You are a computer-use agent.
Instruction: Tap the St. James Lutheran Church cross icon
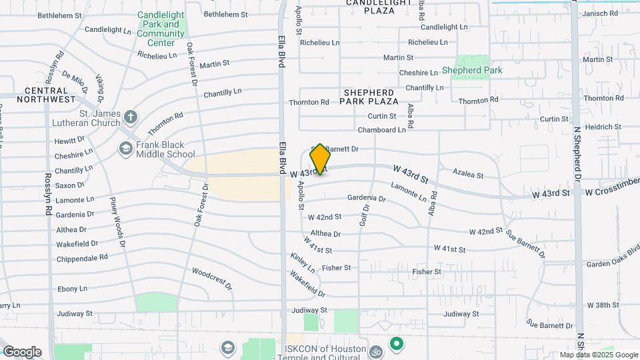[x=131, y=118]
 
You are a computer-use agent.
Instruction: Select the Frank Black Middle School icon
[x=125, y=149]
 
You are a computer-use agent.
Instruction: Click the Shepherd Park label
[x=472, y=70]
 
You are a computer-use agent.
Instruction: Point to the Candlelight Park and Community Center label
[x=161, y=29]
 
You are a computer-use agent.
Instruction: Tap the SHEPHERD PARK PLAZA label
[x=369, y=96]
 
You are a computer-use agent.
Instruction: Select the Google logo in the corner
[x=22, y=351]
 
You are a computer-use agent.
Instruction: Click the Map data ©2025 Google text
[x=599, y=355]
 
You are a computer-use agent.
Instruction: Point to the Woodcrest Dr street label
[x=212, y=278]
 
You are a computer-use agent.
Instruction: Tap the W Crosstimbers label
[x=611, y=193]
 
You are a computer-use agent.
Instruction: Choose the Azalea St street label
[x=468, y=174]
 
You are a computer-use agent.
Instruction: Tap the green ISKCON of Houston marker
[x=397, y=344]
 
